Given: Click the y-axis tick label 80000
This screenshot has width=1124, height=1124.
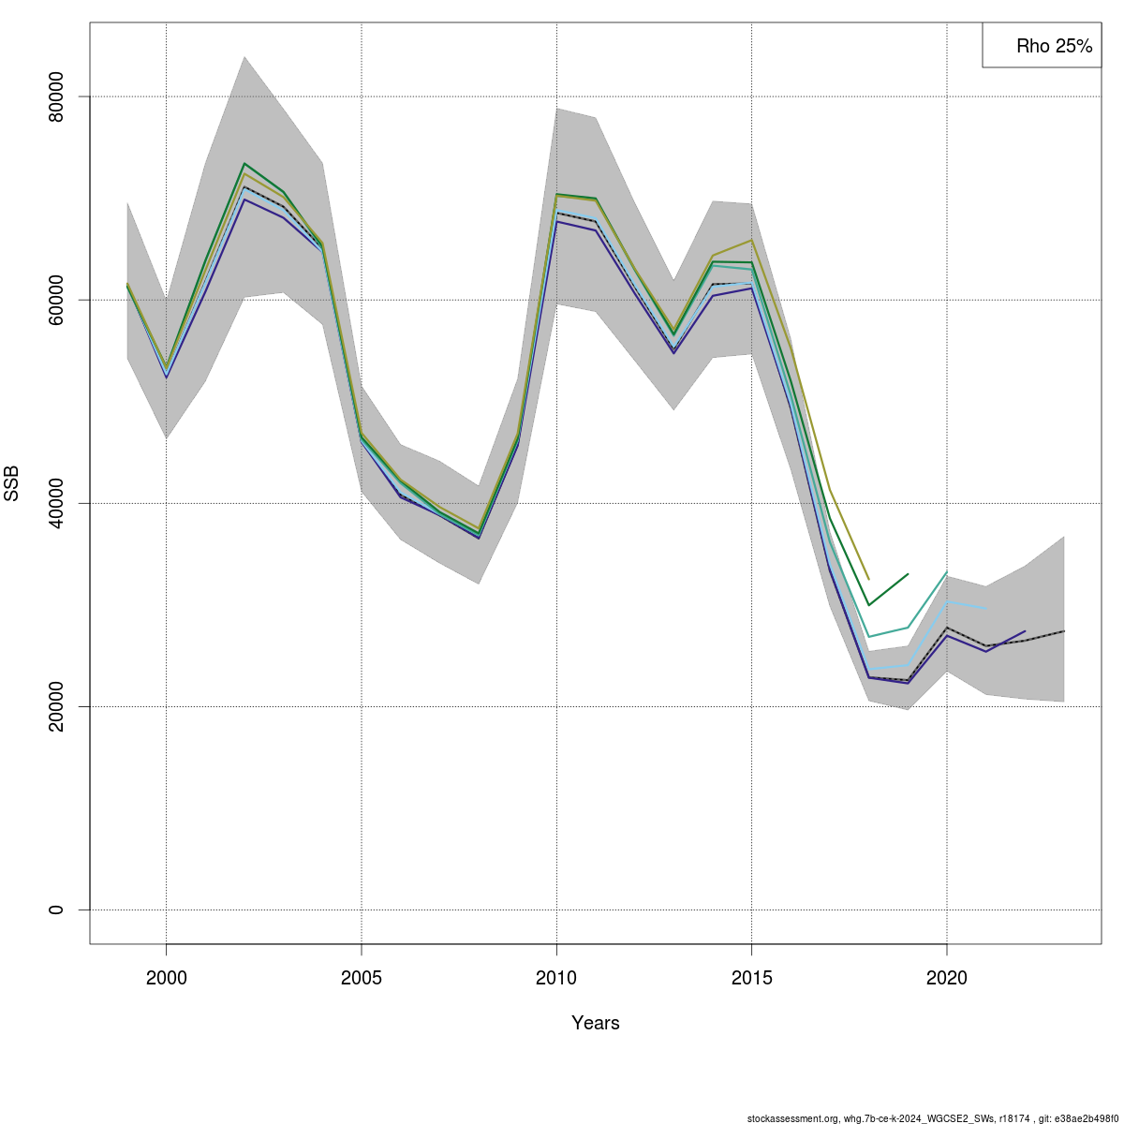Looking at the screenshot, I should coord(67,96).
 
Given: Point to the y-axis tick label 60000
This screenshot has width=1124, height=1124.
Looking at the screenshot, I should coord(67,300).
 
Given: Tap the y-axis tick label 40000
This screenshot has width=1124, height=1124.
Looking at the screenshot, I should coord(67,503).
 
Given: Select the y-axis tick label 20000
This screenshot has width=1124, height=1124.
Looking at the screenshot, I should coord(67,706).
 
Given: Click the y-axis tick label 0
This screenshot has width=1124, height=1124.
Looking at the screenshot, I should coord(67,910).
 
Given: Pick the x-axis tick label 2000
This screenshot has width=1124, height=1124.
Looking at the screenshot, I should coord(166,979).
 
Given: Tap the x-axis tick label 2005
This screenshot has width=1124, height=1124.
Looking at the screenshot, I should coord(362,979).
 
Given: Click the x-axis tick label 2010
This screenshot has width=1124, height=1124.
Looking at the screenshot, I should coord(556,979).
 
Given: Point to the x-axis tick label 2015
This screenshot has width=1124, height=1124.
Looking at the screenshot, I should coord(751,979).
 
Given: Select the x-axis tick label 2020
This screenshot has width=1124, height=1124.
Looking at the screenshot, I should coord(947,979).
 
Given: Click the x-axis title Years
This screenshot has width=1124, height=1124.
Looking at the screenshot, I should coord(596,1023).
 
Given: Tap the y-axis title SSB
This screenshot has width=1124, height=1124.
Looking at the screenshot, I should coord(12,482).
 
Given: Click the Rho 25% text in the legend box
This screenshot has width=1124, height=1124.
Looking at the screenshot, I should coord(1054,46).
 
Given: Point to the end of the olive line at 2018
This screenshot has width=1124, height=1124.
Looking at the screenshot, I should coord(868,579).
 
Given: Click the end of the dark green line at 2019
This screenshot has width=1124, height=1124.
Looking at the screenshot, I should coord(908,573).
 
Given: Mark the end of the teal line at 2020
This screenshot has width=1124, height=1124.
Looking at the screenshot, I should coord(947,572).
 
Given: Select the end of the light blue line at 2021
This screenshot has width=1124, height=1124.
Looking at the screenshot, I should coord(985,608).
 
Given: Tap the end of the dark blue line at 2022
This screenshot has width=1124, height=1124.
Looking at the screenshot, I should coord(1025,631).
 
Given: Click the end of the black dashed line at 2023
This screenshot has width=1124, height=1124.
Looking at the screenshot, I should coord(1064,631).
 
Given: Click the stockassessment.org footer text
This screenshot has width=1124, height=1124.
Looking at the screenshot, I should coord(932,1117).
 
